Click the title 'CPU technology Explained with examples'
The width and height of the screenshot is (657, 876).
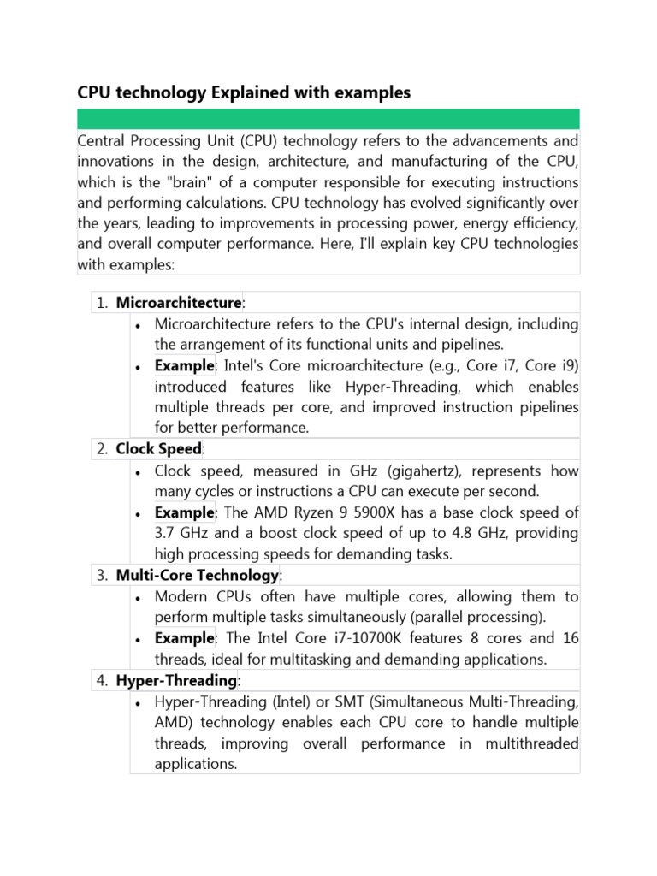click(x=244, y=92)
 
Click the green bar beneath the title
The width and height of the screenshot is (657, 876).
click(x=328, y=119)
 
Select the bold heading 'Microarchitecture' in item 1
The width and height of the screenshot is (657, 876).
click(x=179, y=303)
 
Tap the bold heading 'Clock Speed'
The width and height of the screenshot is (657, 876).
click(x=158, y=449)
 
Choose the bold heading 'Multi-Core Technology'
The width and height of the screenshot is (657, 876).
click(x=197, y=575)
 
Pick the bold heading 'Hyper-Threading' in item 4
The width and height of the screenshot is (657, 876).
click(x=175, y=680)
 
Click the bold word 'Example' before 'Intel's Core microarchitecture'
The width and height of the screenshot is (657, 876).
click(x=184, y=365)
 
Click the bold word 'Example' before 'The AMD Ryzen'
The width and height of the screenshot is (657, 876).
click(x=184, y=512)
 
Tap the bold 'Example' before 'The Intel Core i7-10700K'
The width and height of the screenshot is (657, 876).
click(x=184, y=638)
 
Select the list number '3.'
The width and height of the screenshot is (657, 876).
click(x=101, y=576)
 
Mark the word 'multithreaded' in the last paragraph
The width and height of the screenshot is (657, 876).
click(x=530, y=743)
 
